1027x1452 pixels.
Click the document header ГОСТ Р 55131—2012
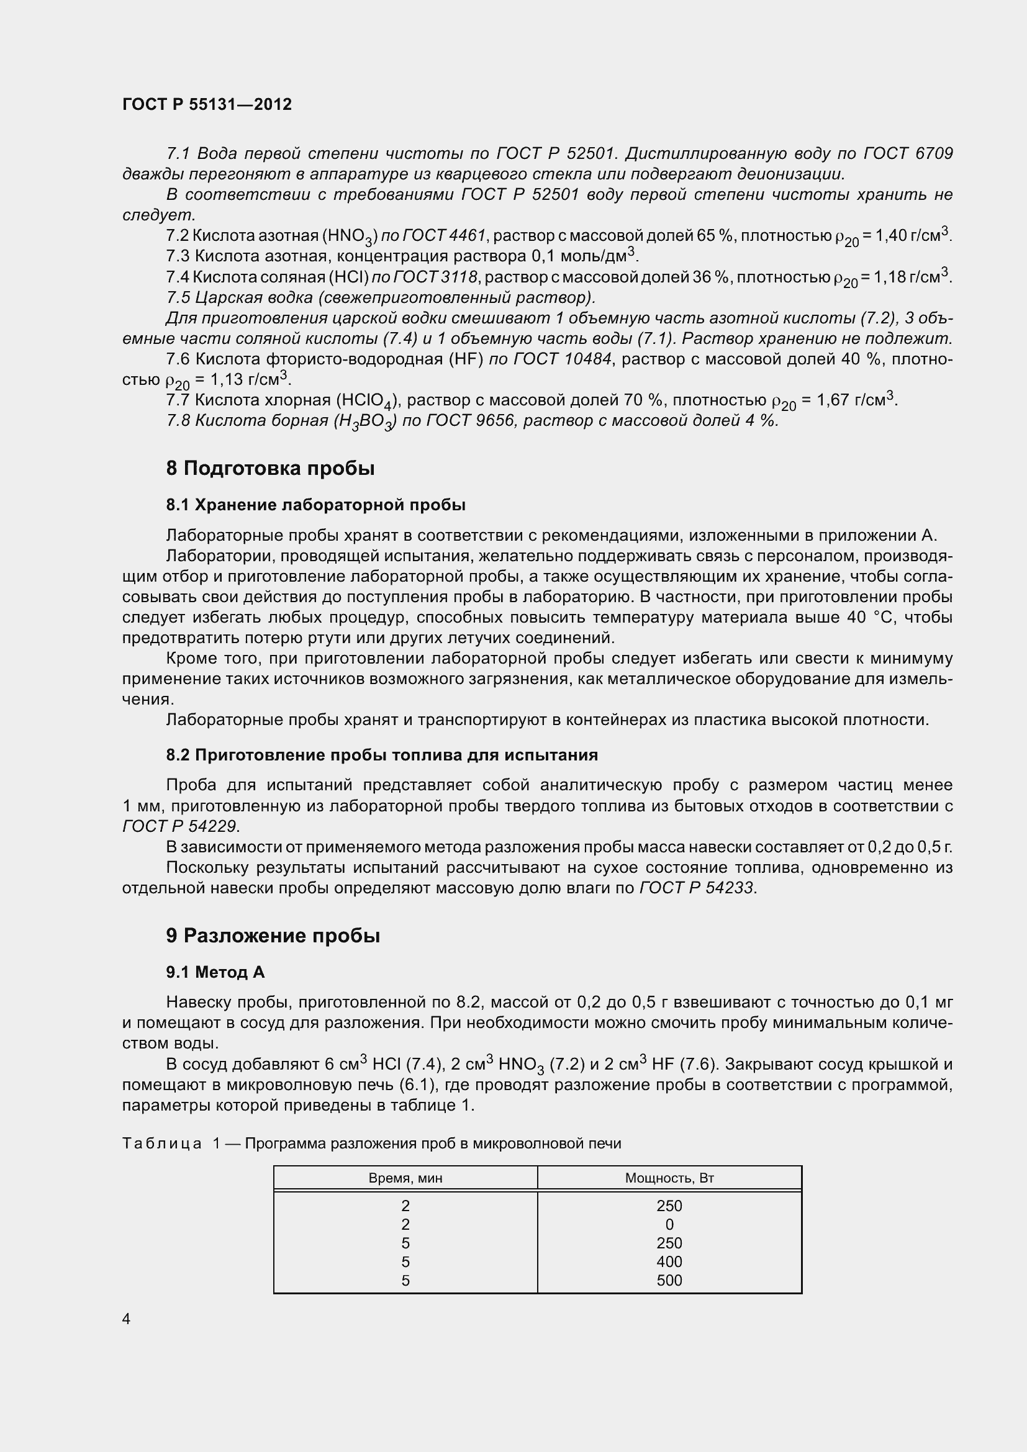(x=207, y=104)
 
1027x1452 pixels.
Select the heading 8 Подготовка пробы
(x=270, y=469)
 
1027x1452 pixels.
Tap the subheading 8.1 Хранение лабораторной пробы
(x=315, y=505)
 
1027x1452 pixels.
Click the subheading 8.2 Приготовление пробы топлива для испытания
(x=381, y=755)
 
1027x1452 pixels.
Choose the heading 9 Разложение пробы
(x=273, y=936)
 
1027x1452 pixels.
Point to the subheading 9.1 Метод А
(x=215, y=972)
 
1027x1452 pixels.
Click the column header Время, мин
(x=405, y=1178)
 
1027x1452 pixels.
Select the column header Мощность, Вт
(x=669, y=1178)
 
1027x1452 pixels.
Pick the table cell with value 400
(x=669, y=1261)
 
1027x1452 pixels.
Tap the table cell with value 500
(x=669, y=1281)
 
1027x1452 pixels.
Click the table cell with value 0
(x=669, y=1224)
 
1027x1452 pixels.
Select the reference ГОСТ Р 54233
(x=697, y=888)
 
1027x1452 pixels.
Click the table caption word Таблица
(x=162, y=1143)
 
